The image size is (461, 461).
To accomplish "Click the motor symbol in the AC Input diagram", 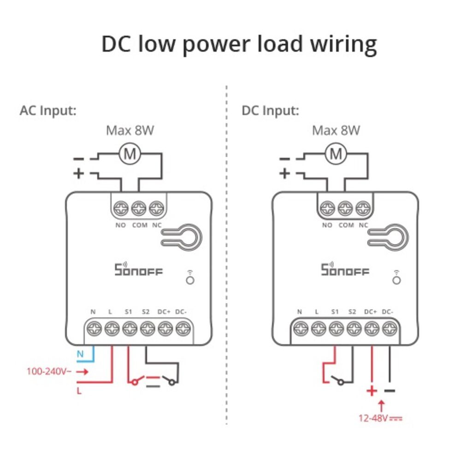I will click(130, 155).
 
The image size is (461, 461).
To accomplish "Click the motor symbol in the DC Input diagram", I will click(336, 155).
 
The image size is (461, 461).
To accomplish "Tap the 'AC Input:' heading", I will click(48, 111).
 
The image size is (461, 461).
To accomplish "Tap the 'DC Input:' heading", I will click(270, 111).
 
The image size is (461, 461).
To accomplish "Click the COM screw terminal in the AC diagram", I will click(139, 208).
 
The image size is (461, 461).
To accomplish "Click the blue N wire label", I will click(80, 355).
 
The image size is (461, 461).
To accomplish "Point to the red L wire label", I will click(79, 391).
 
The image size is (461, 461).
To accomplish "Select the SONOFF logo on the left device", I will click(138, 270).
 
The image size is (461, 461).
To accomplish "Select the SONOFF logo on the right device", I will click(345, 270).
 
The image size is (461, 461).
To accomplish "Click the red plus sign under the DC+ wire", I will click(372, 391).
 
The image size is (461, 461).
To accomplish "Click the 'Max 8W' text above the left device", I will click(130, 130).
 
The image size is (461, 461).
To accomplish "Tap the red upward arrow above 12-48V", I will click(381, 406).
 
